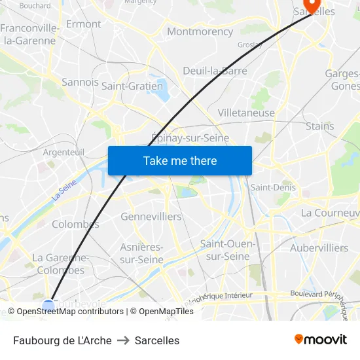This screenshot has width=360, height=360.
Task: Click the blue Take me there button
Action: tap(179, 160)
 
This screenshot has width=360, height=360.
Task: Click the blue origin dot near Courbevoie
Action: tap(48, 304)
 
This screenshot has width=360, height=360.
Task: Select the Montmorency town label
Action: tap(200, 31)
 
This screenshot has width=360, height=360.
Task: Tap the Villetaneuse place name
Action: tap(246, 113)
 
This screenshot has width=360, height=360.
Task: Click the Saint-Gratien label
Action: tap(132, 86)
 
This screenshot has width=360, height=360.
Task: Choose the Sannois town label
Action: tap(80, 82)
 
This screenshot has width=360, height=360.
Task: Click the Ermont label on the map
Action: tap(84, 24)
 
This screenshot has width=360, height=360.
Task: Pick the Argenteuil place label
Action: tap(63, 152)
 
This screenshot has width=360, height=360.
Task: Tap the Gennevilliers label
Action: tap(151, 216)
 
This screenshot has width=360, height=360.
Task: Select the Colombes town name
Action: tap(75, 224)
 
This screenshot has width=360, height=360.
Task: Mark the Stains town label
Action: tap(319, 126)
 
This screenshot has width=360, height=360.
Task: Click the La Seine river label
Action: tap(63, 190)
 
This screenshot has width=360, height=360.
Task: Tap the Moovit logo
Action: tap(320, 339)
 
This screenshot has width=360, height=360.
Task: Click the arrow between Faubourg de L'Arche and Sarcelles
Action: tap(123, 340)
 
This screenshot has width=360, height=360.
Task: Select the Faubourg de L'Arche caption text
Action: tap(62, 340)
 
